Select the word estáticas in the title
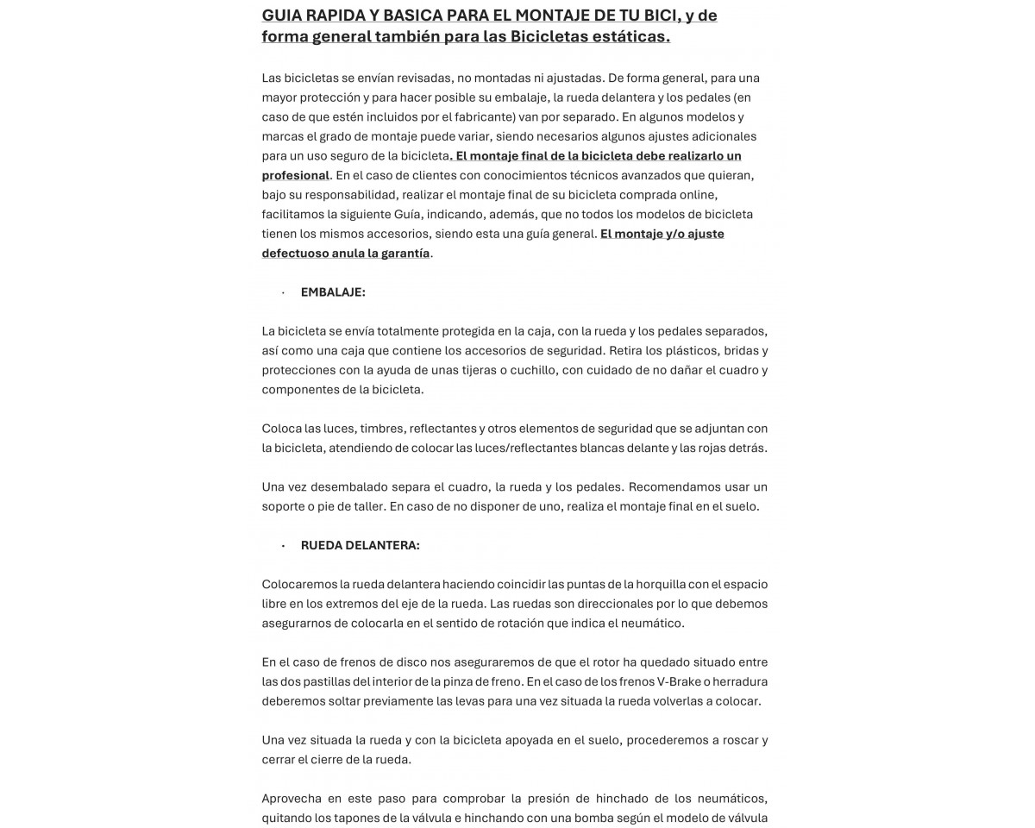629,36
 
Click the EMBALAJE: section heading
333,292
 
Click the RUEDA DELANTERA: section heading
360,545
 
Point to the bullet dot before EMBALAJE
283,293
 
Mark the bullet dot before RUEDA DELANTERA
283,546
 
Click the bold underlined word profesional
296,175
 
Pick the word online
697,194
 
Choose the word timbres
381,429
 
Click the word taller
365,506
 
